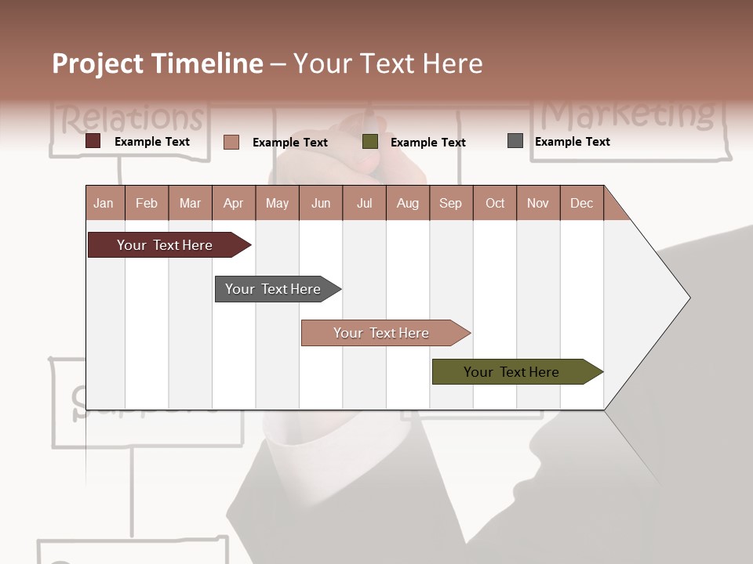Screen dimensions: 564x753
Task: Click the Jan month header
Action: point(104,203)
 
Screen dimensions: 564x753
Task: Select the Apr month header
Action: point(233,203)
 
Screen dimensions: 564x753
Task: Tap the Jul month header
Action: point(364,203)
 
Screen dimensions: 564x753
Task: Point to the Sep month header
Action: point(450,203)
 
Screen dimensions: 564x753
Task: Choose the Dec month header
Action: point(581,203)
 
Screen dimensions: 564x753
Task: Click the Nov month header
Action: point(537,203)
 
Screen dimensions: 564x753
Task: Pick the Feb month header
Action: point(147,203)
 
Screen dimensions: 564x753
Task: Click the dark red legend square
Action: point(93,141)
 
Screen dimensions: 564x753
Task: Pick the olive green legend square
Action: point(370,141)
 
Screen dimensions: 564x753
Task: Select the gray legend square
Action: point(515,141)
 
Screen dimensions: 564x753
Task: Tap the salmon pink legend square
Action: point(231,142)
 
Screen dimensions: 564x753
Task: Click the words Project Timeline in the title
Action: point(157,63)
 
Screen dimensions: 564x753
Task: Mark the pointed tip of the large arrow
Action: point(689,297)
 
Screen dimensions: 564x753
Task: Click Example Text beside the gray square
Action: point(572,142)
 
